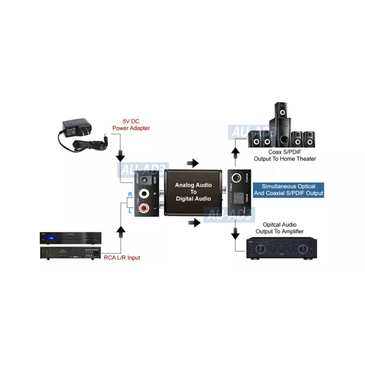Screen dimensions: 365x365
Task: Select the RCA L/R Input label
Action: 121,258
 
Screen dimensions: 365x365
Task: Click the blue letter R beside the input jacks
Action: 130,194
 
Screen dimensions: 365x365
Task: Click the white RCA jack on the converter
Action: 146,194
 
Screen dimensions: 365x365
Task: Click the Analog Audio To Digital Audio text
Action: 193,192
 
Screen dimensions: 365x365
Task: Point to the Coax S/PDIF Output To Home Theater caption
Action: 285,156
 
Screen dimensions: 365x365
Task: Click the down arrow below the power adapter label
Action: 120,156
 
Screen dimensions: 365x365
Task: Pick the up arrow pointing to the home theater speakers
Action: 235,151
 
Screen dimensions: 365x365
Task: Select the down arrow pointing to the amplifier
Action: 235,234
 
